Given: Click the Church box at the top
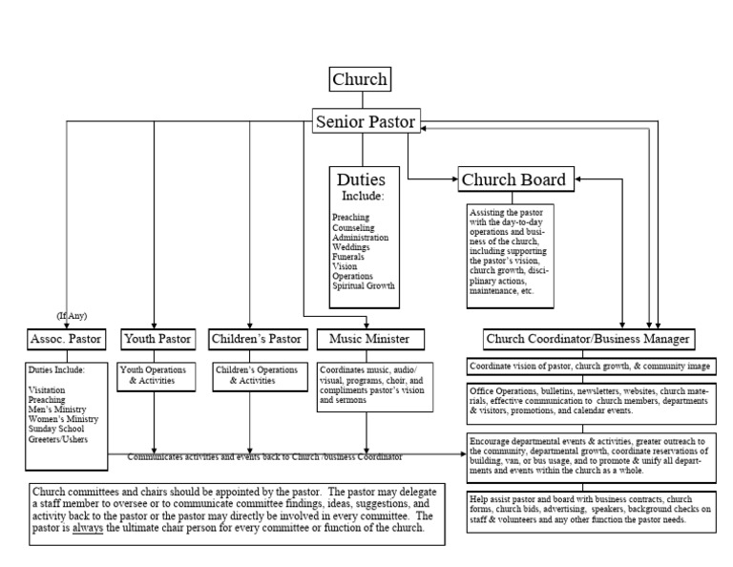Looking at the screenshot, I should (x=360, y=79).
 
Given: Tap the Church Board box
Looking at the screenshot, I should (x=513, y=178).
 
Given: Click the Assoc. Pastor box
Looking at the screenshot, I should (x=66, y=338).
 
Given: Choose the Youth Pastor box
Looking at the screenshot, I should (x=157, y=338).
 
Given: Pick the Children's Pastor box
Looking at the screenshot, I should (x=250, y=338).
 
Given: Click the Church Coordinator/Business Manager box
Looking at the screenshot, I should (x=588, y=338).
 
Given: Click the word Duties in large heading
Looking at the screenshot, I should (x=362, y=179).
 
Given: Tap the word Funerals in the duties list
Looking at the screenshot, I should (x=349, y=257).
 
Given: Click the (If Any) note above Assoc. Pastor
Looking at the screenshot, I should (x=71, y=315).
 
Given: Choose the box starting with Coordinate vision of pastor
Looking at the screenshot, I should (x=589, y=367).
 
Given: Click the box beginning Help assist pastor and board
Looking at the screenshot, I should (x=589, y=511).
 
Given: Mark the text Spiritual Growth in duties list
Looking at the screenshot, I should (x=363, y=285).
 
